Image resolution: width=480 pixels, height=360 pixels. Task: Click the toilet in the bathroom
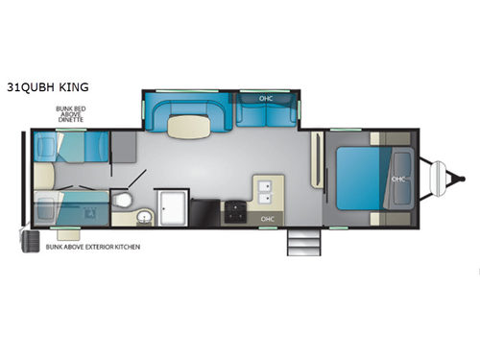tap(122, 200)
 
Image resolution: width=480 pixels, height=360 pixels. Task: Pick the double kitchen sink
tap(266, 189)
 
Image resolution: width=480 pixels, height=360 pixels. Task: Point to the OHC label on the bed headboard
tap(398, 179)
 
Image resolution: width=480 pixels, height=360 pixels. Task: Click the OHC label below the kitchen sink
tap(266, 220)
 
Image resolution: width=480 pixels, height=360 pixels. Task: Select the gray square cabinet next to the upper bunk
tap(123, 147)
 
